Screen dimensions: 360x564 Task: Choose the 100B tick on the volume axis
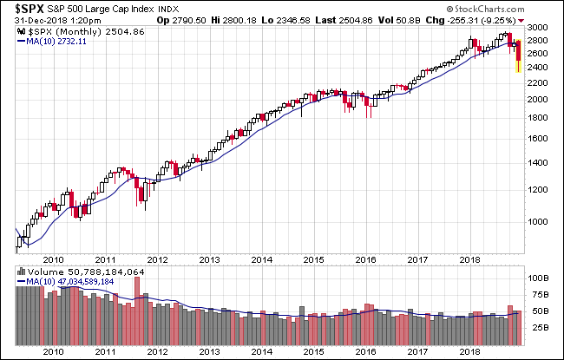coord(540,278)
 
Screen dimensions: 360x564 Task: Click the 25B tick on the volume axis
coord(537,327)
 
